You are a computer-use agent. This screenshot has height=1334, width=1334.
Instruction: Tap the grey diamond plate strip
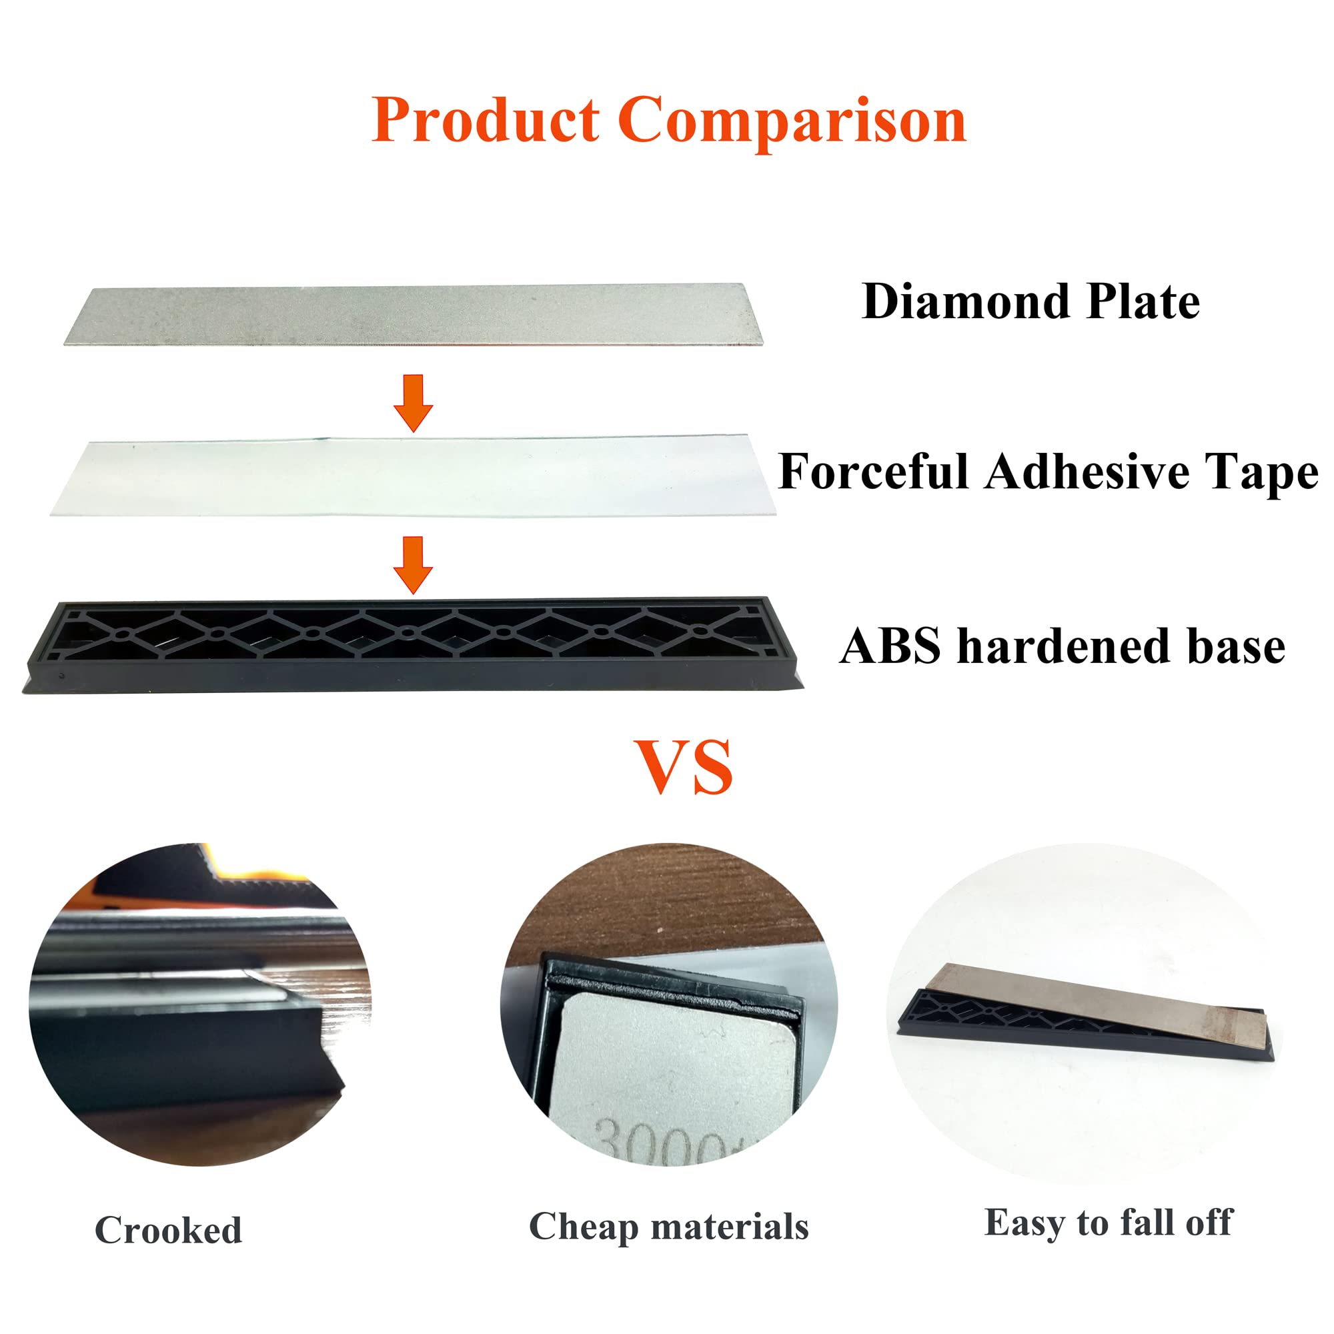(414, 314)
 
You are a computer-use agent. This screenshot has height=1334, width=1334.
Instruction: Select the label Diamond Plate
(1031, 302)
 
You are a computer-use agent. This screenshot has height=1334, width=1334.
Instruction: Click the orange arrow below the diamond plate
(413, 403)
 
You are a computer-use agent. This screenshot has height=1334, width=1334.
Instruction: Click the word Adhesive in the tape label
(1088, 472)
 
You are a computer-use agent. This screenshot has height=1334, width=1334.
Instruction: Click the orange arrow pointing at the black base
(413, 564)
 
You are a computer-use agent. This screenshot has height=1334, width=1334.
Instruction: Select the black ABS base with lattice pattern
(413, 646)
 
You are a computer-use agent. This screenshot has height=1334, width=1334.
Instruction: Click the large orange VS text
(683, 767)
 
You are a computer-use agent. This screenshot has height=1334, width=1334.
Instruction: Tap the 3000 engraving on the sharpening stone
(663, 1143)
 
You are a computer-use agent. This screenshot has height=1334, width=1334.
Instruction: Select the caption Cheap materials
(668, 1227)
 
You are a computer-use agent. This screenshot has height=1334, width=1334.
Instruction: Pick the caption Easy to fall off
(1107, 1223)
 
